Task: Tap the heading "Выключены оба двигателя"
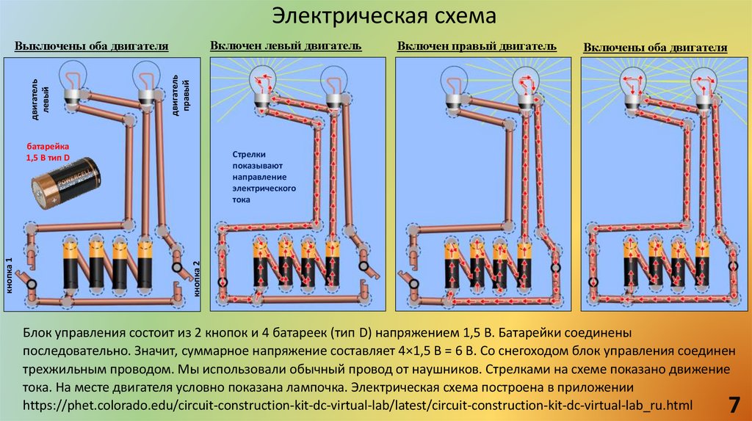click(x=92, y=47)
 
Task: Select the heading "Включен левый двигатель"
click(x=286, y=45)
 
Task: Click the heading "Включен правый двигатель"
click(x=477, y=46)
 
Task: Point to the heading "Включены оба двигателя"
click(x=655, y=48)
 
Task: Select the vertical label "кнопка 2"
click(x=196, y=278)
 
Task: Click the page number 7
click(x=733, y=403)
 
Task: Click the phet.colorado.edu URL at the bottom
click(x=358, y=405)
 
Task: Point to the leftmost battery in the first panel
click(x=71, y=263)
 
